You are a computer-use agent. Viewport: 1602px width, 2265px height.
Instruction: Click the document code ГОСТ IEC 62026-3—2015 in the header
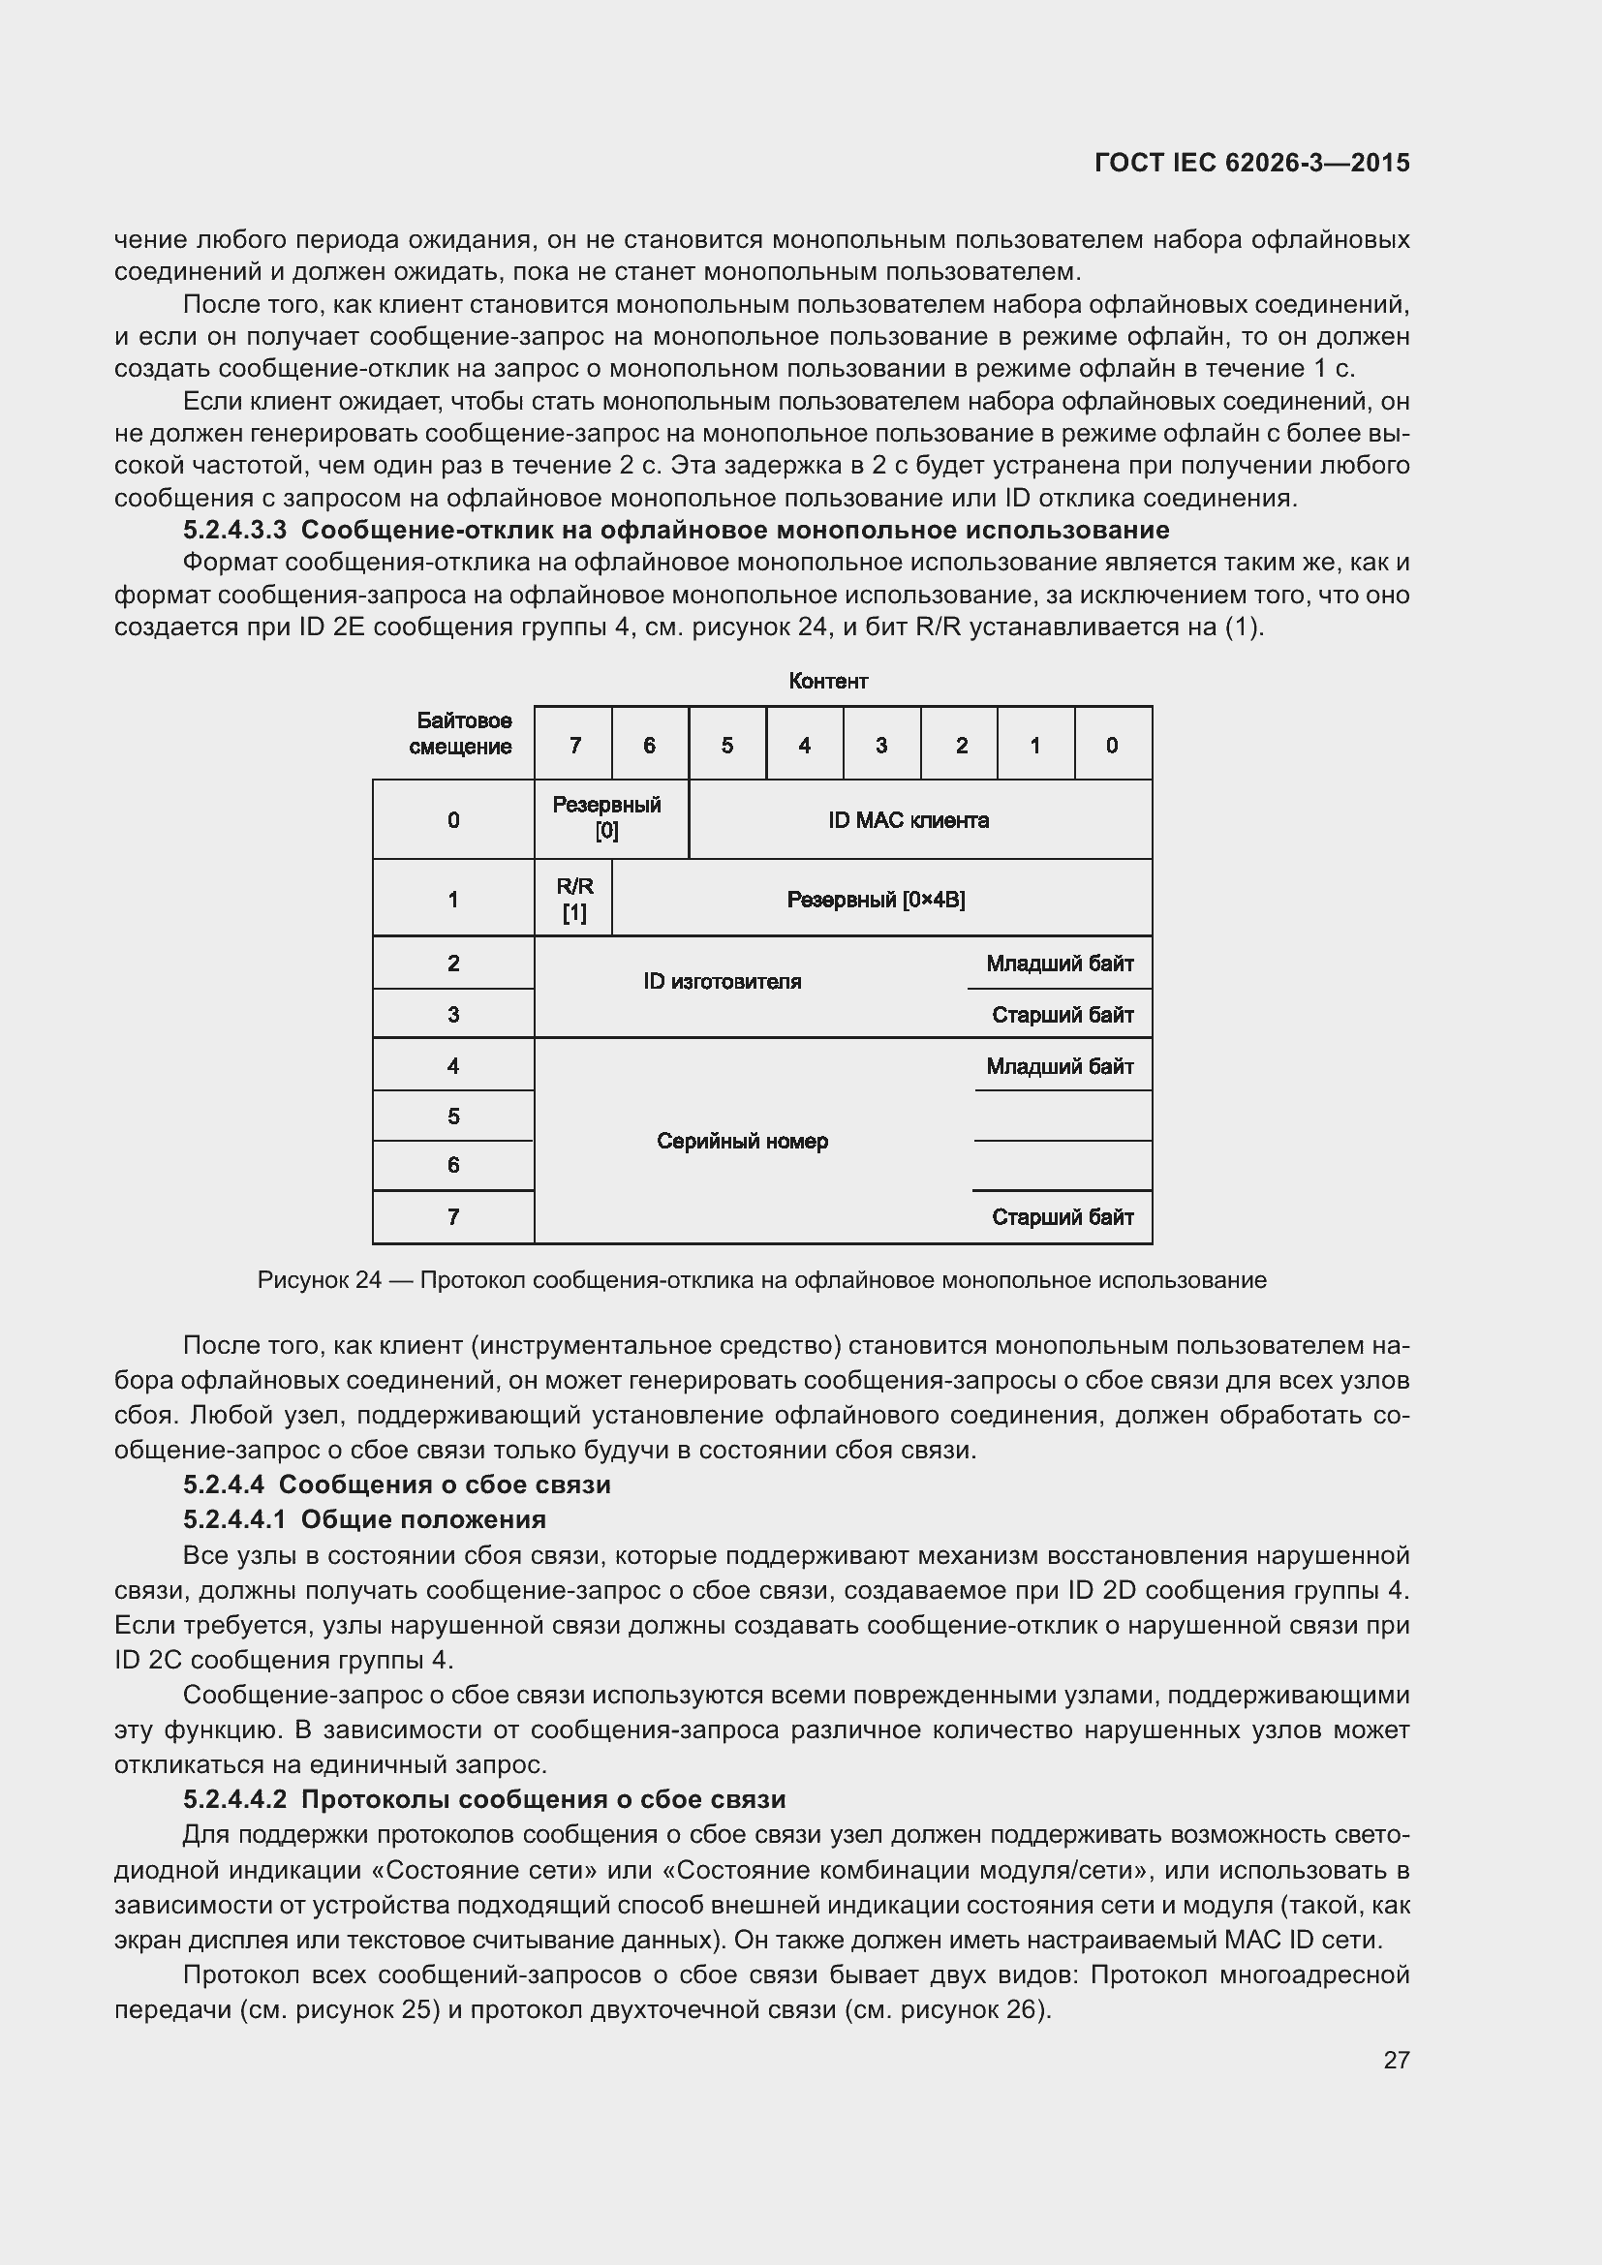(x=1250, y=163)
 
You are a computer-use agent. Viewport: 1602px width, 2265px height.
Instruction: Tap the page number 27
(x=1396, y=2060)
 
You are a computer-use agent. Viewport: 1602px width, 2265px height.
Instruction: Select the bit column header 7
(x=574, y=746)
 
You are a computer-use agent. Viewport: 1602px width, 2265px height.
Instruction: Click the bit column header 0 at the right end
(x=1112, y=746)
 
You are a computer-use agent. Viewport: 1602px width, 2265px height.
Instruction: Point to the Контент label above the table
(x=827, y=681)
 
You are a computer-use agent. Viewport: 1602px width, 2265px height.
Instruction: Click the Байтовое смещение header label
(x=460, y=734)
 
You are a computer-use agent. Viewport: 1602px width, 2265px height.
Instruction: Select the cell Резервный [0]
(x=606, y=818)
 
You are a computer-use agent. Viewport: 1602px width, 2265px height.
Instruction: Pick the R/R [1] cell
(x=574, y=899)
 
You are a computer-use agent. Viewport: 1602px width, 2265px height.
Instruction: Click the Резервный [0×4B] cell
(x=875, y=900)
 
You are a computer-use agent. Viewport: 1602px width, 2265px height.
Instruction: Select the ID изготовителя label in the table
(x=723, y=982)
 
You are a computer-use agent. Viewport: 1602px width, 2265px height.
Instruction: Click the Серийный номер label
(x=742, y=1142)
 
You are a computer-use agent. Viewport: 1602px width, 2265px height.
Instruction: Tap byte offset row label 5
(x=452, y=1116)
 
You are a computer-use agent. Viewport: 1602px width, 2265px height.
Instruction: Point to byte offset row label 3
(x=452, y=1014)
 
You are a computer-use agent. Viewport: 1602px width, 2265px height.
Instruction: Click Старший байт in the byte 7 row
(x=1062, y=1217)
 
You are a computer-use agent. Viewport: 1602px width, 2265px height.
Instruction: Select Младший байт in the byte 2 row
(x=1060, y=964)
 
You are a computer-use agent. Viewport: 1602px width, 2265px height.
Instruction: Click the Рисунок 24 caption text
(x=761, y=1280)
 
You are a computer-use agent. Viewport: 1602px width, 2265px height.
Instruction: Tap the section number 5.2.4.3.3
(x=234, y=530)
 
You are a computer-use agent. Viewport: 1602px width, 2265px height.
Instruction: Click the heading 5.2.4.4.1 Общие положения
(x=364, y=1519)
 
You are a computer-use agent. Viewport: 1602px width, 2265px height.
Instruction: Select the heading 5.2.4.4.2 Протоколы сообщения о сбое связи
(x=483, y=1799)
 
